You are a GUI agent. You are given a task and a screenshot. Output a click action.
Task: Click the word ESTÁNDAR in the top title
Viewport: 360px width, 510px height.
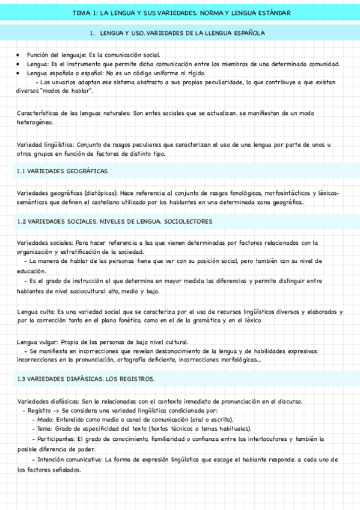(273, 12)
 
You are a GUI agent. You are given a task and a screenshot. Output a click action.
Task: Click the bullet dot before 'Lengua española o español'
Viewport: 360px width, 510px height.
(20, 73)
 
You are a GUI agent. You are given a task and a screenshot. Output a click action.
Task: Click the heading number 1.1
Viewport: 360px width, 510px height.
(22, 171)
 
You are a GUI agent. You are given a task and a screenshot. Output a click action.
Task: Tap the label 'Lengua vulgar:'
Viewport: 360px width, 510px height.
(38, 342)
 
